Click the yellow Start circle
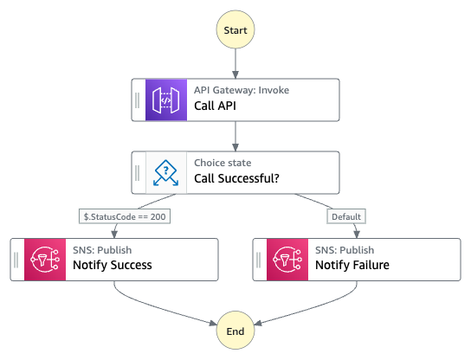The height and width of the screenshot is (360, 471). (x=235, y=29)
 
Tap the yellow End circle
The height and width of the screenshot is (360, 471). (x=235, y=331)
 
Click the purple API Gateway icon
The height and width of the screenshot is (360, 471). (x=166, y=100)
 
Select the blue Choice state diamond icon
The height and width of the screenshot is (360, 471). (x=166, y=172)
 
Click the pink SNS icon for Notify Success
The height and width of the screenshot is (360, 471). (x=45, y=260)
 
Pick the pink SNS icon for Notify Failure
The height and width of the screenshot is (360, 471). (x=287, y=260)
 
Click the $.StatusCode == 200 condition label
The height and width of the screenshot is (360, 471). (x=125, y=216)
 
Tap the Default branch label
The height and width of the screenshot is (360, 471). (x=346, y=216)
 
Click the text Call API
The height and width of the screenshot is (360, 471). (x=215, y=106)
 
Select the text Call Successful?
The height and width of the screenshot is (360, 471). (x=236, y=178)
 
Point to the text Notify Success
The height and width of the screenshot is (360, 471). (x=113, y=265)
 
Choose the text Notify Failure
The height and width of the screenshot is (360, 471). (x=352, y=265)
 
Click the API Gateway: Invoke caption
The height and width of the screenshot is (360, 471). (x=242, y=90)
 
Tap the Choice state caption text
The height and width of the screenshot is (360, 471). (x=223, y=163)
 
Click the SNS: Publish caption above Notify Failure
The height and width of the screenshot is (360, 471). (x=345, y=250)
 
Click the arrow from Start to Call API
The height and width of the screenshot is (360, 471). (x=235, y=64)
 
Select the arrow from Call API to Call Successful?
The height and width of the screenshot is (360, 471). (x=235, y=137)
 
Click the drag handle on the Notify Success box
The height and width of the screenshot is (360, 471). (x=16, y=260)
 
